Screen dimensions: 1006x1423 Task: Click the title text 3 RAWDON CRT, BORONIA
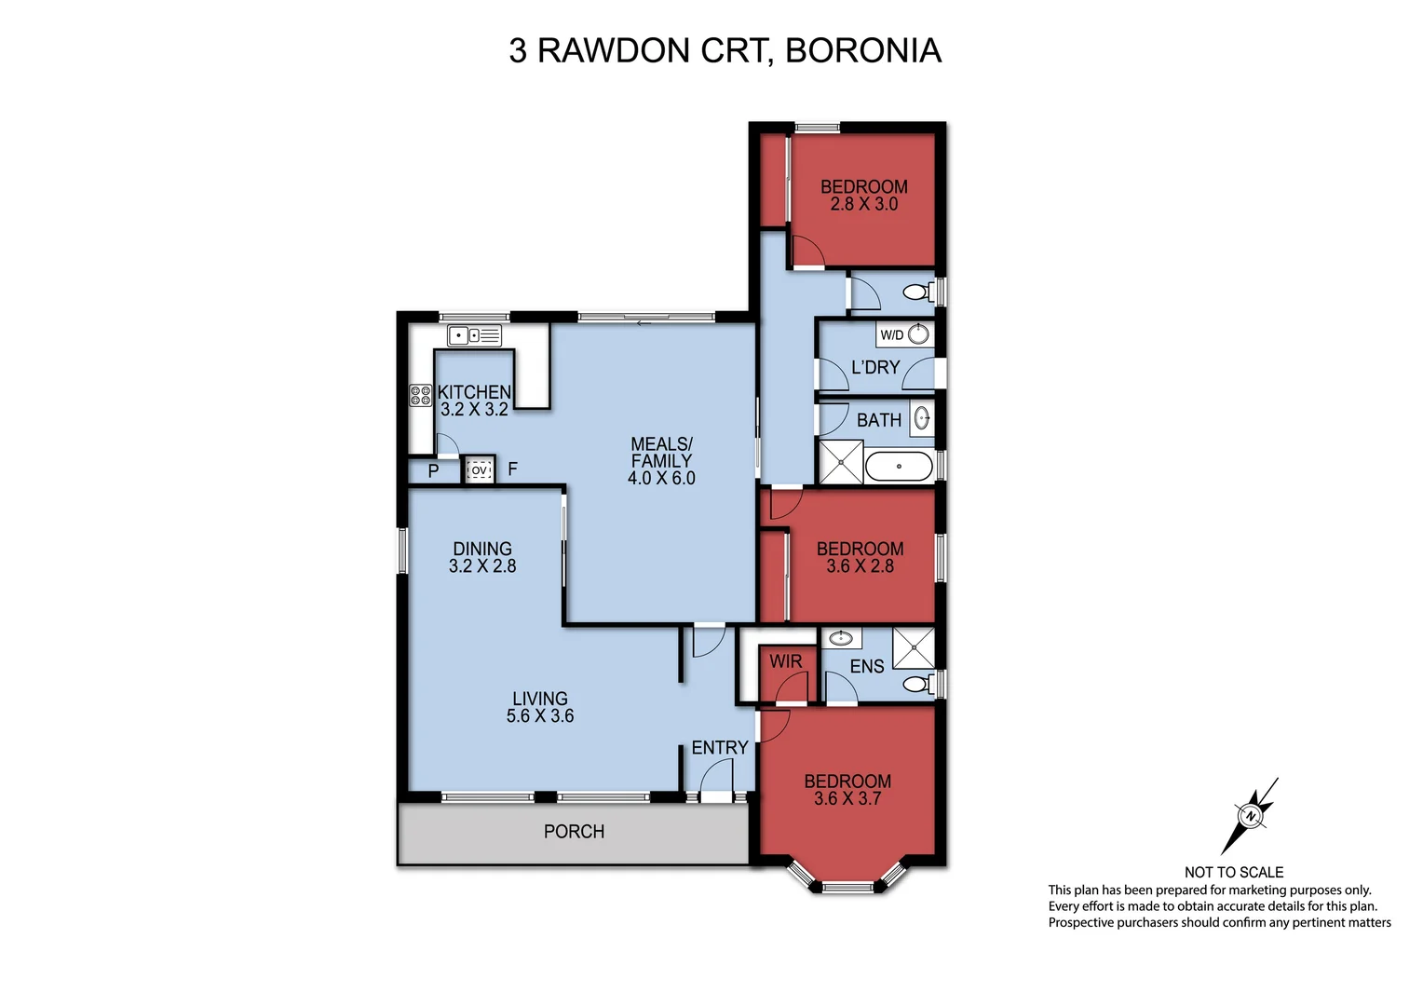pos(725,50)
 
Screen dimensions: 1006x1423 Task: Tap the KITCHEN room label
pos(474,392)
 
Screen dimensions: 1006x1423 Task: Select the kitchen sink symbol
pos(474,335)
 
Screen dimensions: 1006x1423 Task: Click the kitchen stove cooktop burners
pos(420,395)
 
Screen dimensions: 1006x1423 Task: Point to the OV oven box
pos(479,470)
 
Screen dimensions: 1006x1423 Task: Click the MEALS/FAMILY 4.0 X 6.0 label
pos(661,461)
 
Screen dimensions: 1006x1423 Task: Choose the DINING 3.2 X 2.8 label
pos(482,557)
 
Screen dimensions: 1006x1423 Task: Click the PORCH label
pos(574,832)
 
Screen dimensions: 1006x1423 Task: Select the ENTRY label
pos(719,748)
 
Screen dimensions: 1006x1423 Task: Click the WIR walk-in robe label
pos(785,661)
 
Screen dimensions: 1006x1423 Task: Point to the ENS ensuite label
pos(866,666)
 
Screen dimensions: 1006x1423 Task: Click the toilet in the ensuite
pos(916,685)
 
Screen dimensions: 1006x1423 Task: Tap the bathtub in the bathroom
pos(898,467)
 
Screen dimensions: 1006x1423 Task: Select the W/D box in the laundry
pos(891,334)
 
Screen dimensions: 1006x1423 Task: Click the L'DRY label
pos(875,368)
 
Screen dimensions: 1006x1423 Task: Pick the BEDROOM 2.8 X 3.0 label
pos(863,195)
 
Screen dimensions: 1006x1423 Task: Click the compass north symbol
pos(1250,815)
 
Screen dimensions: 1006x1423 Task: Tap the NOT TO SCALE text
pos(1233,872)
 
